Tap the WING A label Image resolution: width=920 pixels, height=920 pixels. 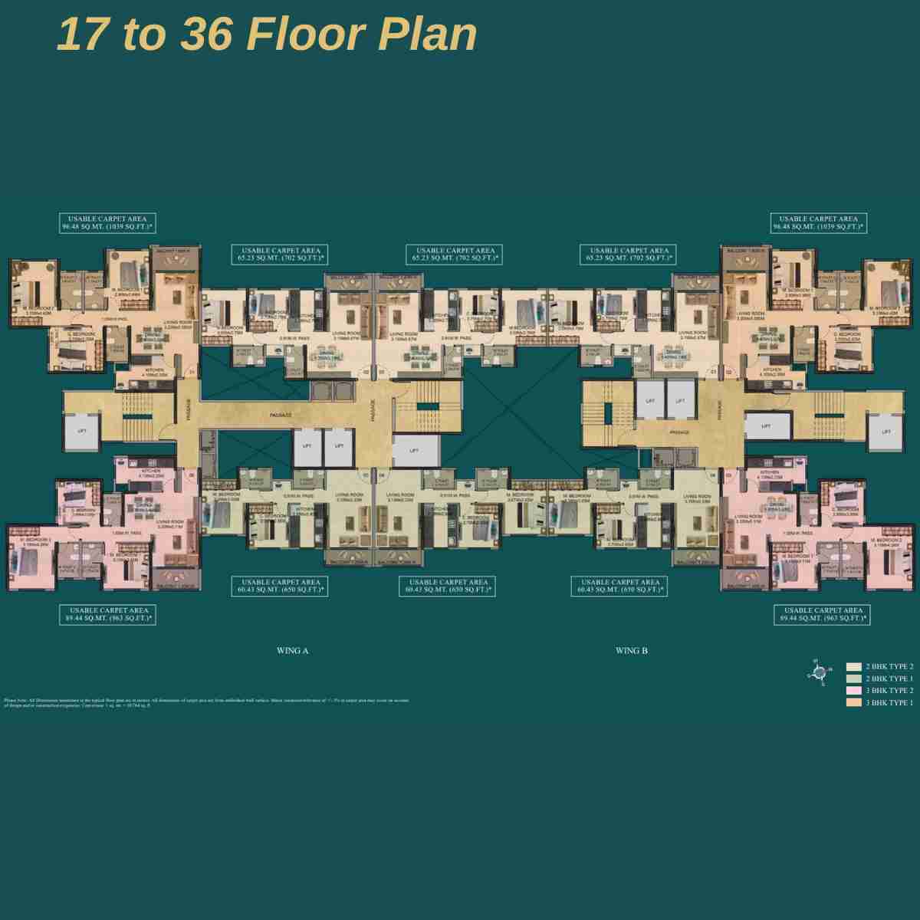pyautogui.click(x=292, y=651)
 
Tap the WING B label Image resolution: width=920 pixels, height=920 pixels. pyautogui.click(x=632, y=651)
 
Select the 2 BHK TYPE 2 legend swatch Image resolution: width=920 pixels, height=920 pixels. pyautogui.click(x=853, y=667)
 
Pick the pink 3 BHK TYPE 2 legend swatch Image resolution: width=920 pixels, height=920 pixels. pyautogui.click(x=853, y=691)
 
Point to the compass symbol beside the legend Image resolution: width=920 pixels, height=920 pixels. pyautogui.click(x=818, y=672)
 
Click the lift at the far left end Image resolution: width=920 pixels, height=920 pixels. pyautogui.click(x=82, y=432)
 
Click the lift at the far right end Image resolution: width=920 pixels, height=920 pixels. pyautogui.click(x=886, y=432)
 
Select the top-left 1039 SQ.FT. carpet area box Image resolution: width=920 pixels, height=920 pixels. pyautogui.click(x=107, y=223)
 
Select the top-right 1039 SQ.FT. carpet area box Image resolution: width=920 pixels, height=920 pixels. pyautogui.click(x=819, y=223)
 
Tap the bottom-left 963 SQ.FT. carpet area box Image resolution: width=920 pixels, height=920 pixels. pyautogui.click(x=107, y=614)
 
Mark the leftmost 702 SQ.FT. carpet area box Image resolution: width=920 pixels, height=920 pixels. pyautogui.click(x=281, y=255)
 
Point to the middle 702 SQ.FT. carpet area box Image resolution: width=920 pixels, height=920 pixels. pyautogui.click(x=455, y=255)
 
